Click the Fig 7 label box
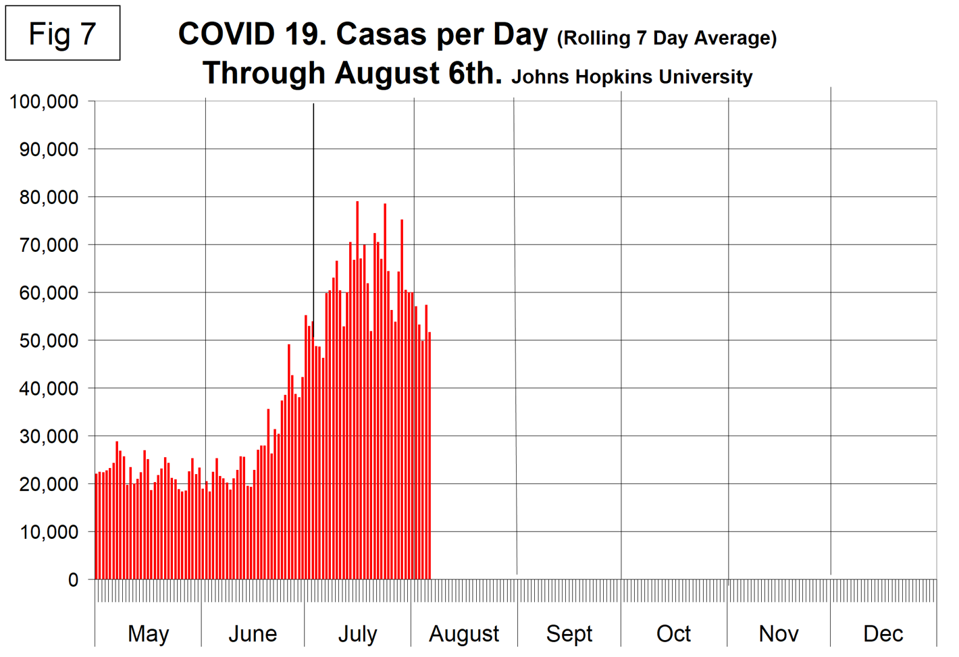coord(63,34)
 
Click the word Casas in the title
coord(382,34)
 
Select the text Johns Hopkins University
coord(631,77)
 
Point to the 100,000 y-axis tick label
coord(44,102)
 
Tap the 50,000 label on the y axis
coord(48,341)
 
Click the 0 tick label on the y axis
coord(73,580)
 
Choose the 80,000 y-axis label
coord(48,198)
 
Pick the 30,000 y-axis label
coord(48,437)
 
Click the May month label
coord(149,633)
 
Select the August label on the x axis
coord(464,633)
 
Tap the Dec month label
coord(883,633)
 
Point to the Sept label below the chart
coord(569,633)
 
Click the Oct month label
coord(673,633)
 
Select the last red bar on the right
coord(430,459)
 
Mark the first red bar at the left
coord(97,527)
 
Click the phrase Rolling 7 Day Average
coord(667,38)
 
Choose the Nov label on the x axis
coord(779,633)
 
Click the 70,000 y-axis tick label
coord(48,245)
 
